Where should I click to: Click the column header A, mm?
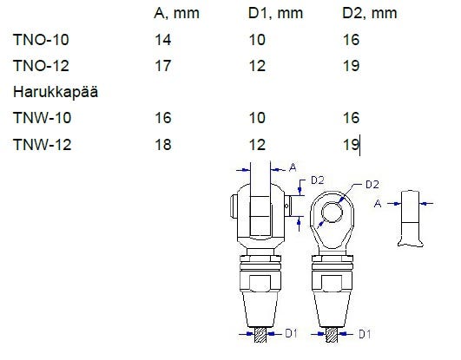tap(176, 14)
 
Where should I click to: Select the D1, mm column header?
tap(275, 14)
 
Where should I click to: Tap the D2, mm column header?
tap(370, 14)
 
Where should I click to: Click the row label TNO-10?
tap(41, 40)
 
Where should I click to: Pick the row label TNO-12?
tap(41, 66)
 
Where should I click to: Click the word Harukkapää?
tap(56, 92)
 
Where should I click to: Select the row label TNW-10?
tap(42, 118)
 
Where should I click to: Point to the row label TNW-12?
tap(42, 145)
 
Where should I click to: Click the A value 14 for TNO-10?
tap(163, 40)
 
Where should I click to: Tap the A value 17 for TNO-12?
tap(163, 66)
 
